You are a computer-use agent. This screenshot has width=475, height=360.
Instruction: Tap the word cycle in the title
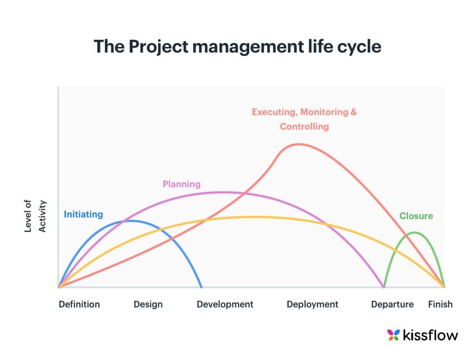(354, 46)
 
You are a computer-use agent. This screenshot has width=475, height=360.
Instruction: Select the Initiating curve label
(83, 214)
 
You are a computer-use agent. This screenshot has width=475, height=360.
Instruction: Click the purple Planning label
(181, 184)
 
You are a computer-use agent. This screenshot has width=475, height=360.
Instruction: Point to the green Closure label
(416, 216)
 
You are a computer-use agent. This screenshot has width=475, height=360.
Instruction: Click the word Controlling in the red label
(304, 127)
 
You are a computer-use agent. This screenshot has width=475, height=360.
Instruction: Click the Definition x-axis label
(79, 305)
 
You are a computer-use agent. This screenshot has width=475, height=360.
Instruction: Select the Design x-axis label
(148, 305)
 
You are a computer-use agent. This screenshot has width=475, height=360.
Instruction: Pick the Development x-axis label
(225, 305)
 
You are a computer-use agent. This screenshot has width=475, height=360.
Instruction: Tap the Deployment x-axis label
(312, 305)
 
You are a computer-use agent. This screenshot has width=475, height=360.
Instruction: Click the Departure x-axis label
(392, 305)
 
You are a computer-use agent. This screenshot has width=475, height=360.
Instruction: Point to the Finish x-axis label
(440, 305)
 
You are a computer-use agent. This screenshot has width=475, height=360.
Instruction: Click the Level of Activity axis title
(35, 216)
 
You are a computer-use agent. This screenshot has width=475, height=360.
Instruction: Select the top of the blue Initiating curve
(130, 221)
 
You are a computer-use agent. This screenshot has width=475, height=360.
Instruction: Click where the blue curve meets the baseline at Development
(201, 287)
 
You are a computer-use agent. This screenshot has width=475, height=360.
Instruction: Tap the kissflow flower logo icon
(394, 335)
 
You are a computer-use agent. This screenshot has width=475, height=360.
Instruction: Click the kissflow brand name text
(431, 335)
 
